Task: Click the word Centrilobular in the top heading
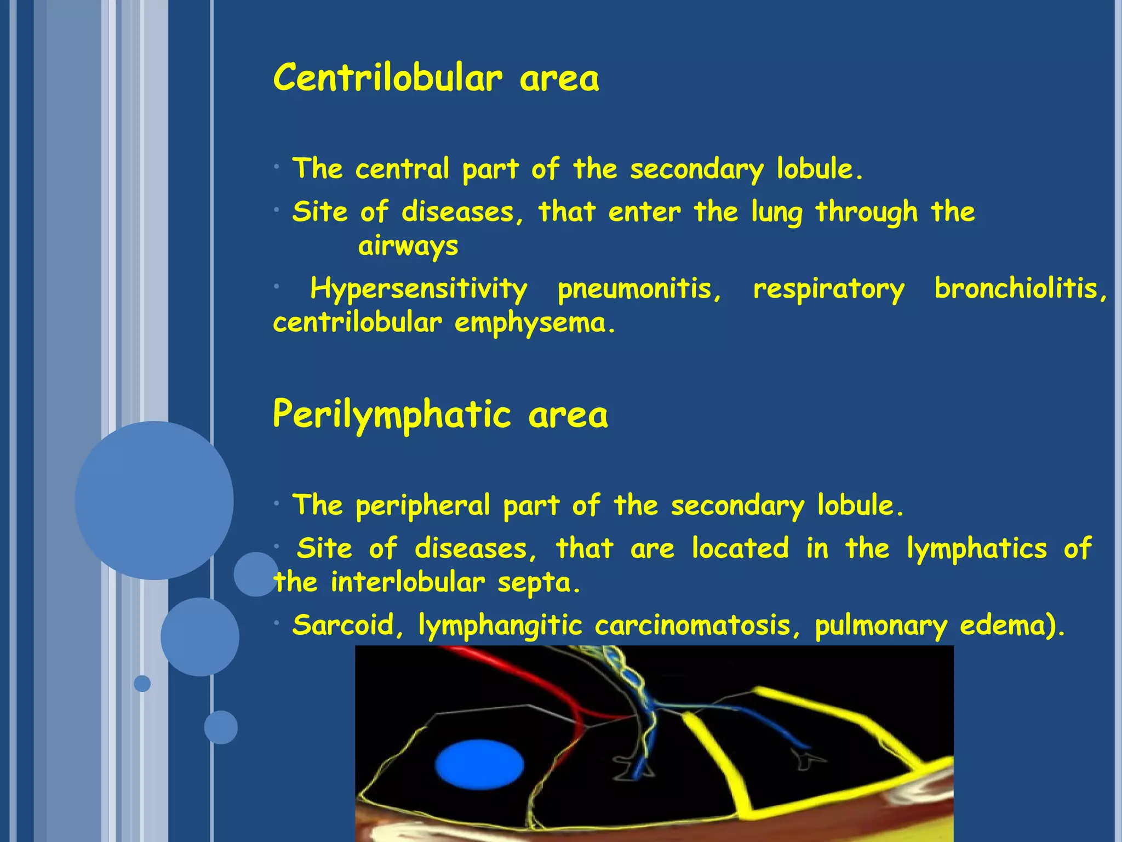(x=387, y=78)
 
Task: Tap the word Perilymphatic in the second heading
(x=392, y=415)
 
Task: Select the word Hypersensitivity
(x=419, y=289)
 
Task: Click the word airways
(x=408, y=246)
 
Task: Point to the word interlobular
(x=408, y=582)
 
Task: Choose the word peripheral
(x=422, y=506)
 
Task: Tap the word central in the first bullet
(x=402, y=169)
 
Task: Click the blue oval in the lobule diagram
(x=479, y=765)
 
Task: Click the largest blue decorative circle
(x=154, y=500)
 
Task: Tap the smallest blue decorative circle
(x=142, y=684)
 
